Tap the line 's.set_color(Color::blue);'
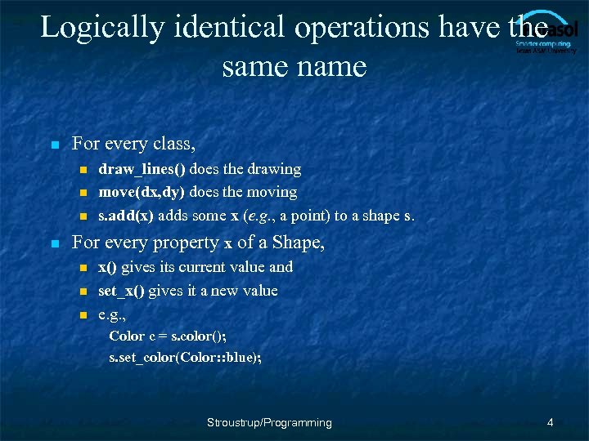[186, 358]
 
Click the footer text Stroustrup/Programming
[269, 422]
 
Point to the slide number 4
[551, 422]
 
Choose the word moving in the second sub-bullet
[272, 192]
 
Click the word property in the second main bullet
[184, 243]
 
